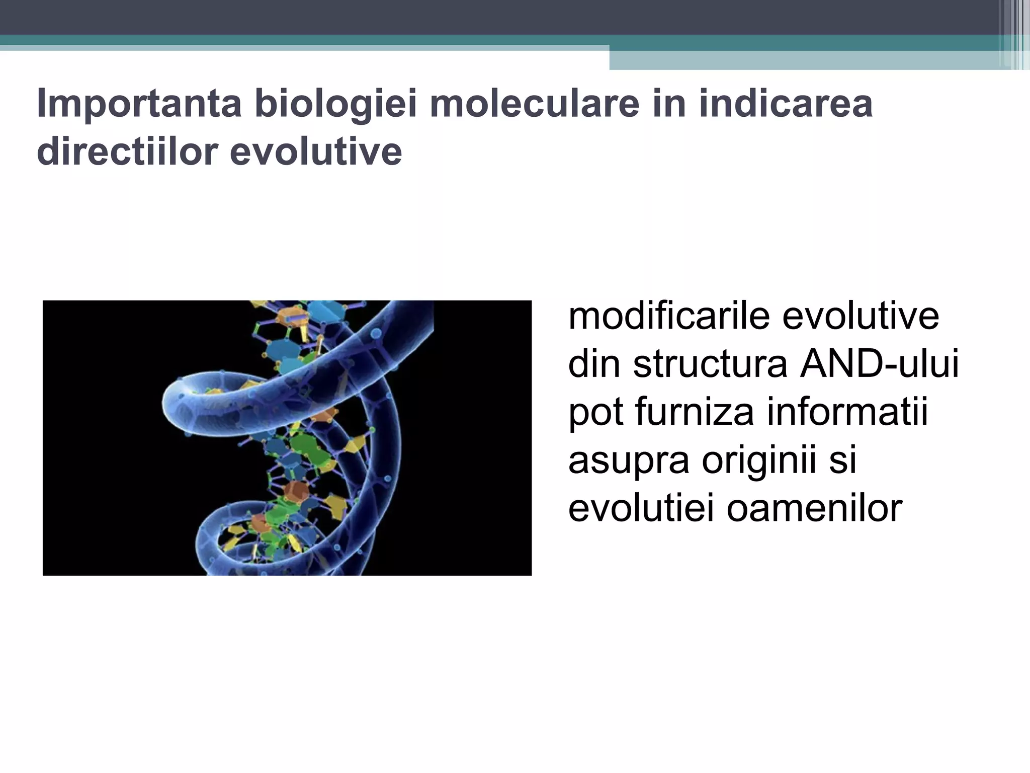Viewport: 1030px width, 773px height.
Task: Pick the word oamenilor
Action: click(x=815, y=508)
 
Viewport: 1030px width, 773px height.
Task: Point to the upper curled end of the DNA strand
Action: click(x=186, y=403)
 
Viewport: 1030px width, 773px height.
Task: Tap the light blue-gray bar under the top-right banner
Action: click(x=805, y=60)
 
